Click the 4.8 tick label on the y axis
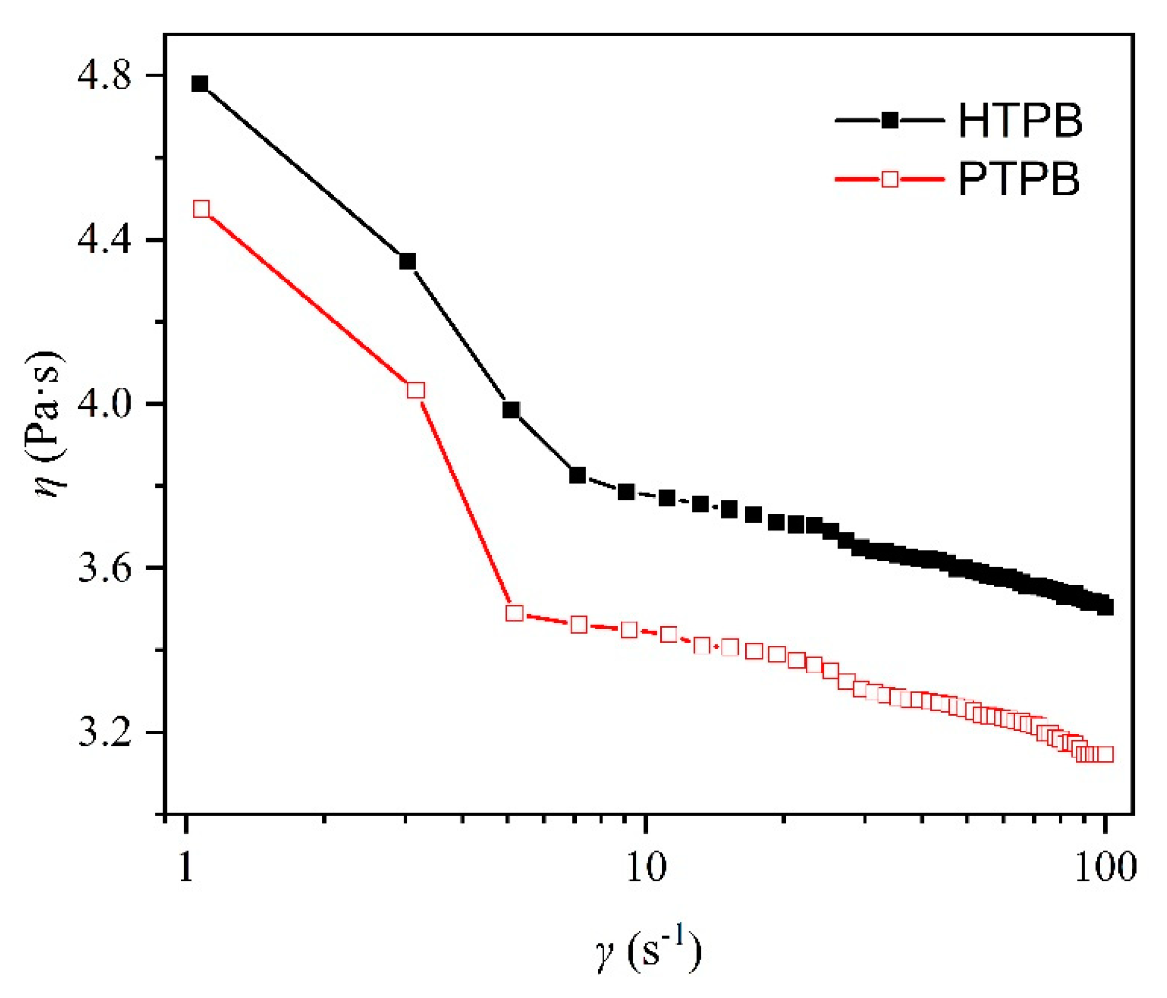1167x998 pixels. [105, 77]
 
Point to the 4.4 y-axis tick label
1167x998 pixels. [105, 240]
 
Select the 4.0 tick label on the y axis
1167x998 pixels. [105, 404]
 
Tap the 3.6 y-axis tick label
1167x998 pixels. [105, 569]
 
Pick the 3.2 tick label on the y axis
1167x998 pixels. [105, 733]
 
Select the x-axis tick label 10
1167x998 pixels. [646, 867]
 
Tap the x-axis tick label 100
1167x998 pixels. [1105, 867]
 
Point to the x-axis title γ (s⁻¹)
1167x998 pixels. [648, 951]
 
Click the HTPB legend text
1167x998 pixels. [1020, 121]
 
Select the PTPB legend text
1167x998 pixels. [1019, 179]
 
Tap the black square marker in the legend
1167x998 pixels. [890, 121]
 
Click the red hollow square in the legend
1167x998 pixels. [890, 179]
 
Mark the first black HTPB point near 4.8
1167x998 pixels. [200, 84]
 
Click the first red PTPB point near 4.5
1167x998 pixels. [201, 209]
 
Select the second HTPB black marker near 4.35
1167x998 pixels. [408, 261]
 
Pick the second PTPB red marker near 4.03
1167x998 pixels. [416, 390]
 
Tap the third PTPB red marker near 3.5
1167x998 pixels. [514, 613]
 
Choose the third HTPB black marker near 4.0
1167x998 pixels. [511, 410]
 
